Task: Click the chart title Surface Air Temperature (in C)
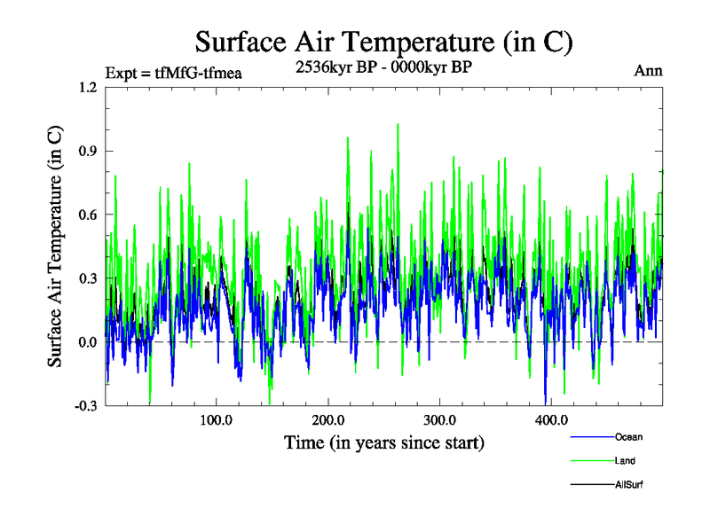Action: [x=383, y=41]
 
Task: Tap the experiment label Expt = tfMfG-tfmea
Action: [x=173, y=73]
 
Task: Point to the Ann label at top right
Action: [x=648, y=71]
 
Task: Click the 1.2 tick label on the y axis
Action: [x=87, y=87]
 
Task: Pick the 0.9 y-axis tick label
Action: [x=87, y=151]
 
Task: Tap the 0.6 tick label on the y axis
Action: [x=87, y=215]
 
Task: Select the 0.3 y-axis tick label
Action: [x=87, y=278]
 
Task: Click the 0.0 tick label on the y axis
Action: [x=87, y=342]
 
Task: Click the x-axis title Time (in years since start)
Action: [x=383, y=442]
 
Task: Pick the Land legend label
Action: [x=625, y=461]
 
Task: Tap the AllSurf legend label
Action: [x=628, y=485]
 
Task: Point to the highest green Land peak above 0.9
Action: [x=398, y=125]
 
